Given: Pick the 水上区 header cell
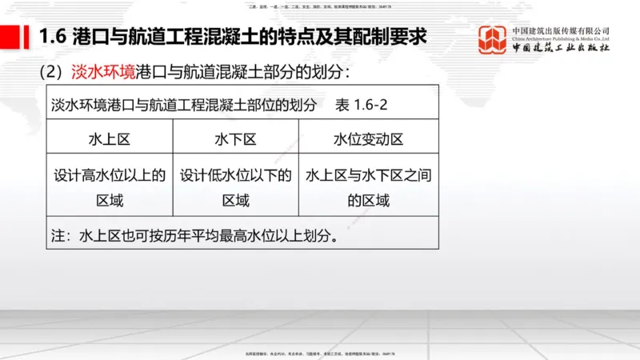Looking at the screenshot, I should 110,139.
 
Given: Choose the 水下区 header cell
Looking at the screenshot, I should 236,139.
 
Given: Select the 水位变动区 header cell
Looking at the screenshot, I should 369,139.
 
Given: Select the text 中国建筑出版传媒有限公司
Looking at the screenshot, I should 561,30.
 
